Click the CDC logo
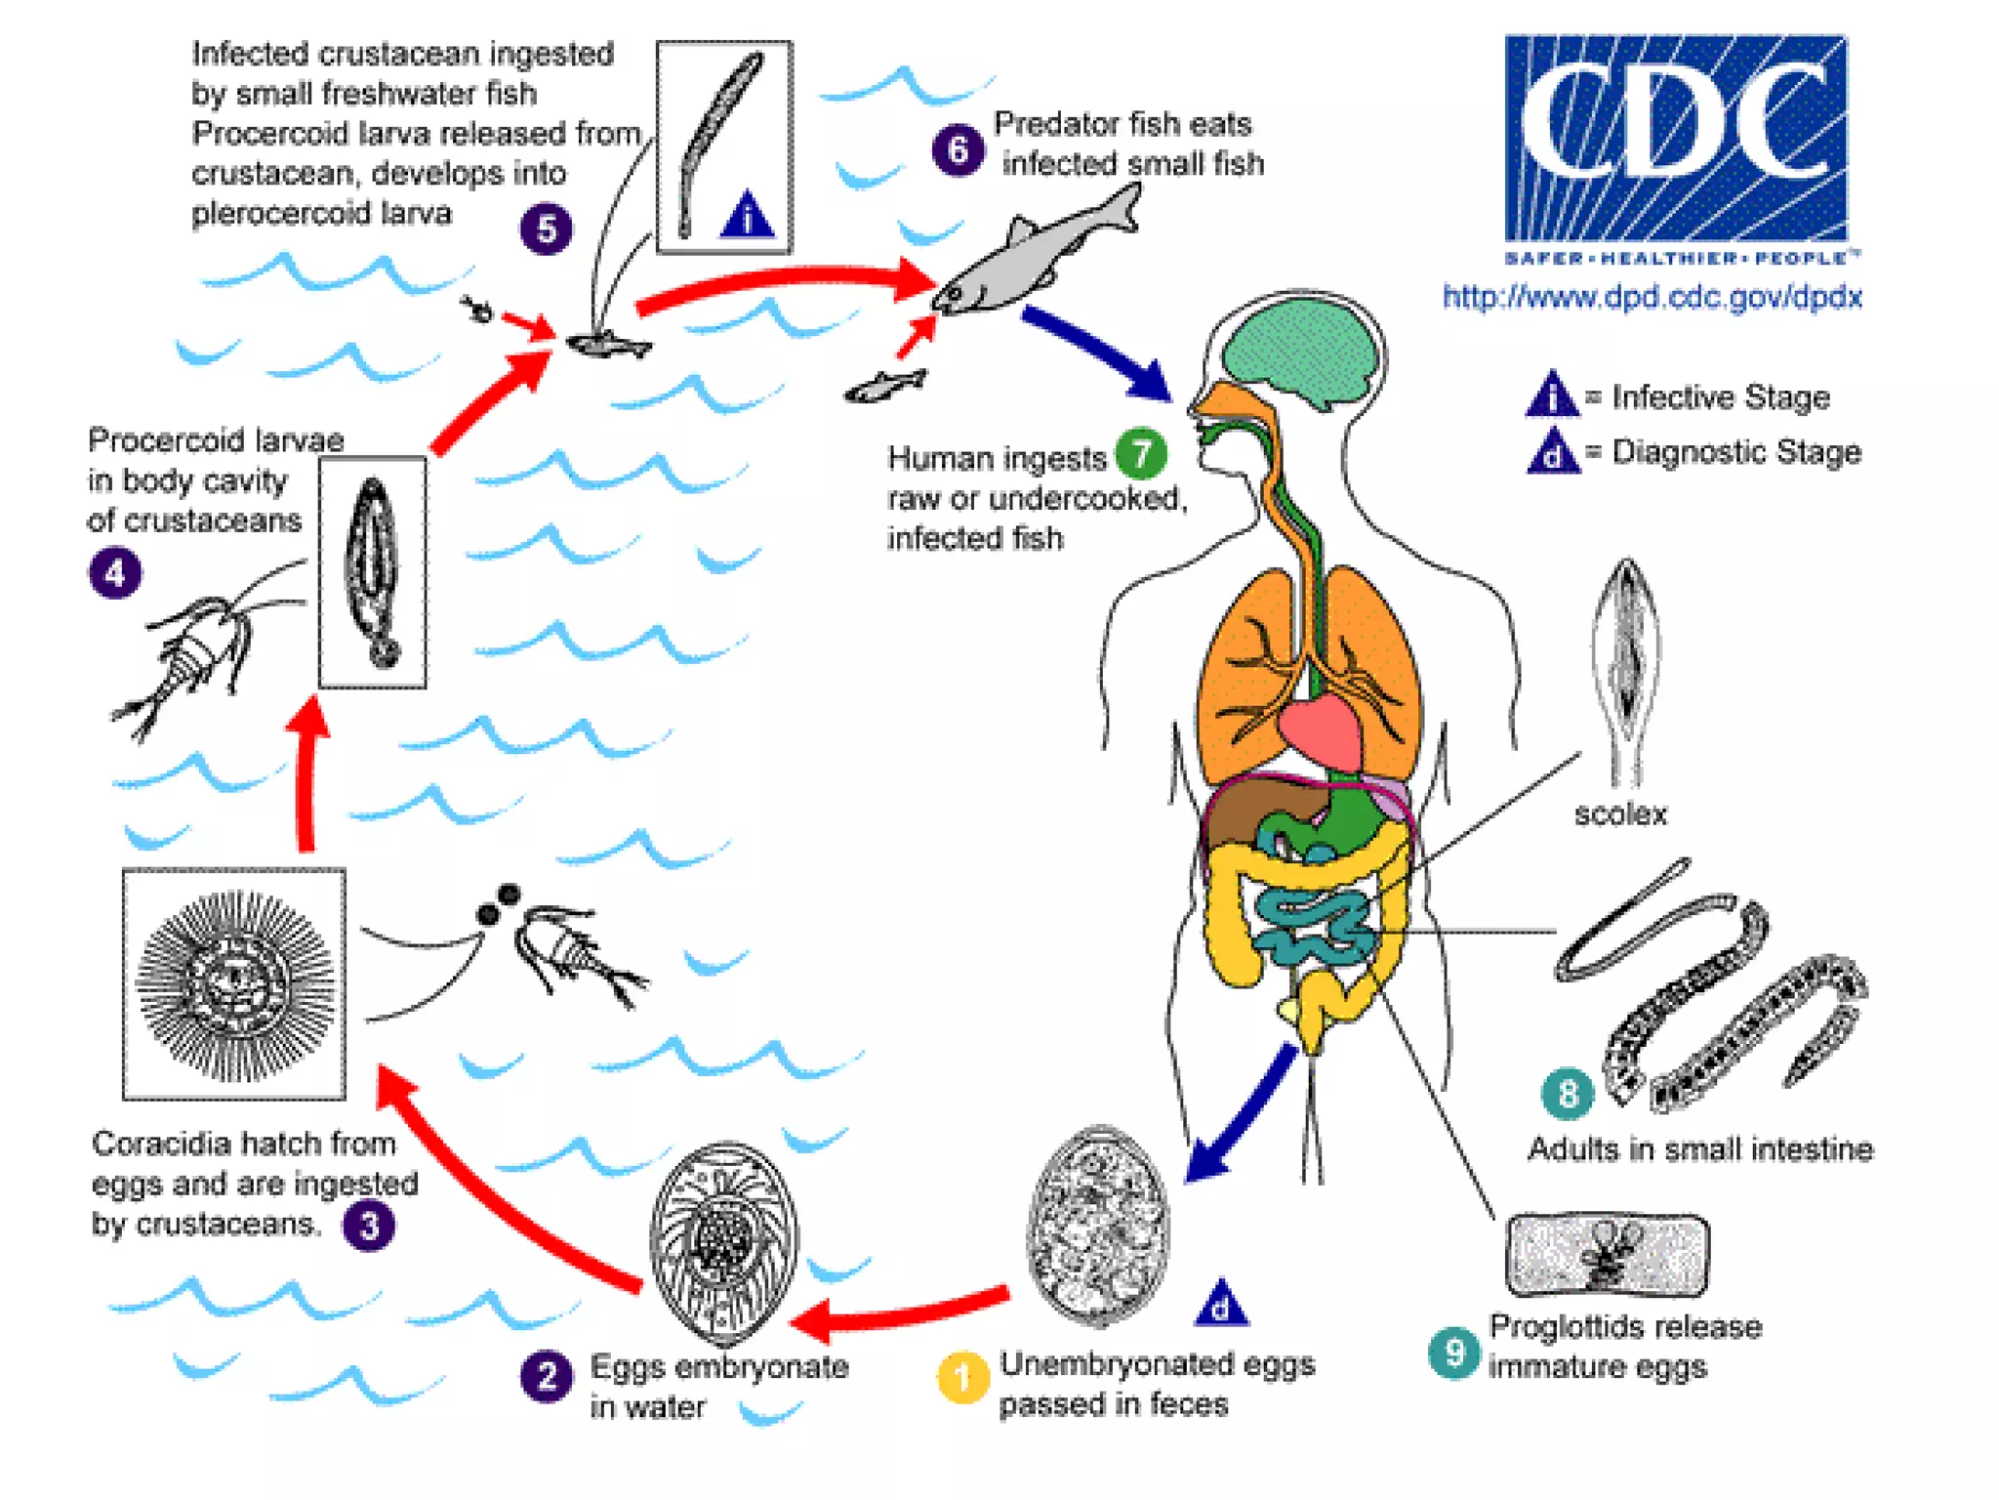pos(1675,140)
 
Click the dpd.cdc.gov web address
pos(1652,297)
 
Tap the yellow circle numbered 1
pos(962,1378)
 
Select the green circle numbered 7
pos(1140,454)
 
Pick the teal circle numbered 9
pos(1453,1354)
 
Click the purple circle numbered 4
pos(115,572)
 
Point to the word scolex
pos(1620,814)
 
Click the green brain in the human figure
pos(1302,352)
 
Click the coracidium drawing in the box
pos(234,983)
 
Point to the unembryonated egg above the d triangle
pos(1098,1227)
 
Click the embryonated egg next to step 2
pos(723,1242)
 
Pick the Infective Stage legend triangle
pos(1552,396)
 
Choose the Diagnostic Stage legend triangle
pos(1552,452)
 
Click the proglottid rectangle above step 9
pos(1607,1255)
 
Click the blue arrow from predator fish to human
pos(1098,352)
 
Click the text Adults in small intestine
pos(1699,1149)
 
